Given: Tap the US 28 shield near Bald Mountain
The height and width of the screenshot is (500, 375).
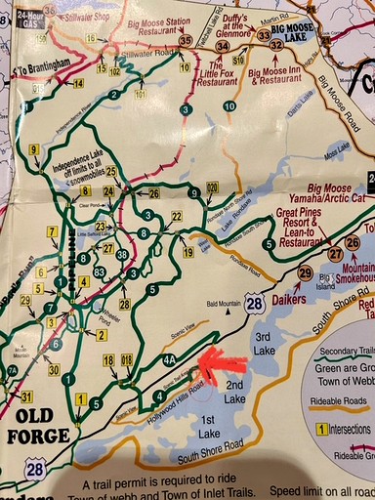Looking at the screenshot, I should pos(254,304).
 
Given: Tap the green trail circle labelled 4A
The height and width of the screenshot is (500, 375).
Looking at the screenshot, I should pos(169,360).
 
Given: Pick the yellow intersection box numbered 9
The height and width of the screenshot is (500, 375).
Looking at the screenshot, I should pos(33,149).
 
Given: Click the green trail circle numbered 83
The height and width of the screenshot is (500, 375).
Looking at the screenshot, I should pos(99,271).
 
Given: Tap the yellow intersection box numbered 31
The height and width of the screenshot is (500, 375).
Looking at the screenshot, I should pos(26,396).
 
